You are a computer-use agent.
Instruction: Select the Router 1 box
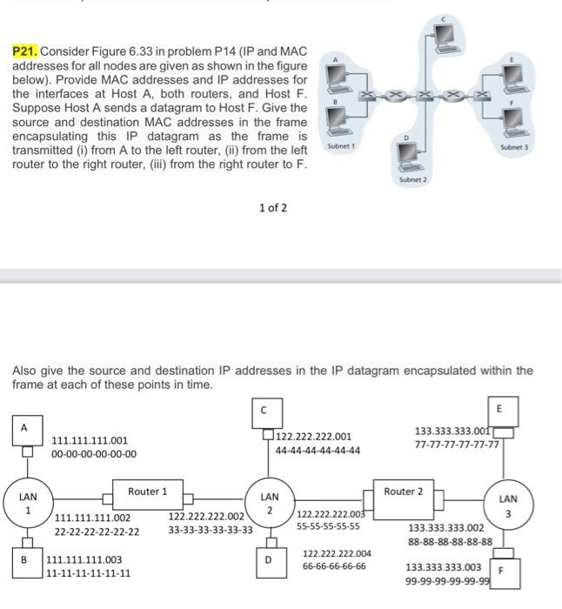click(148, 492)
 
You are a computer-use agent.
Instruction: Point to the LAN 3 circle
click(509, 505)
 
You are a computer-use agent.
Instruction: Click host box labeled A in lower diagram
click(24, 427)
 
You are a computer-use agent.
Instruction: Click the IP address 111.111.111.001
click(90, 441)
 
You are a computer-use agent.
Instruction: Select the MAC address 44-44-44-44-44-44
click(318, 451)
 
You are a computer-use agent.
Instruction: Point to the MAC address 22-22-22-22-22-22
click(97, 531)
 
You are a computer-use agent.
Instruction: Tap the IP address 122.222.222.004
click(337, 553)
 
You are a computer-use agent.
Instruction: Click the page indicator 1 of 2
click(273, 208)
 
